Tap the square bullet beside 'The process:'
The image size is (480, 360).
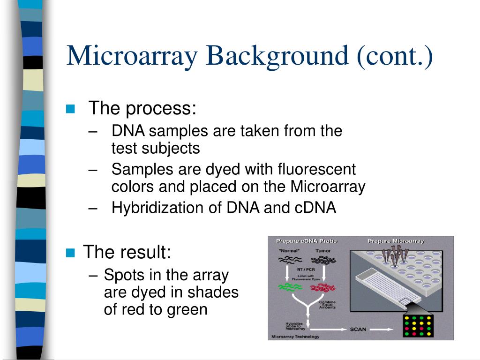pyautogui.click(x=71, y=109)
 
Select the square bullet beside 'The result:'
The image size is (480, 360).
pyautogui.click(x=71, y=253)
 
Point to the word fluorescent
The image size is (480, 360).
pyautogui.click(x=316, y=169)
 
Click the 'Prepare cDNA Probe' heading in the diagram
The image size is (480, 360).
pyautogui.click(x=307, y=241)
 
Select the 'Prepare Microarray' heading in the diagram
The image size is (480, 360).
pyautogui.click(x=396, y=241)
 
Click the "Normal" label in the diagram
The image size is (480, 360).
pyautogui.click(x=288, y=251)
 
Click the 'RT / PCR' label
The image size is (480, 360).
pyautogui.click(x=306, y=270)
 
